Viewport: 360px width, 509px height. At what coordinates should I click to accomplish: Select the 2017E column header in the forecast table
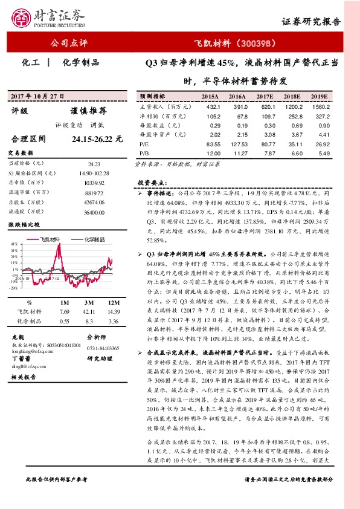264,96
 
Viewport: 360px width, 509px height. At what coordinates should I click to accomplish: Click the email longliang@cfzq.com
29,350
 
